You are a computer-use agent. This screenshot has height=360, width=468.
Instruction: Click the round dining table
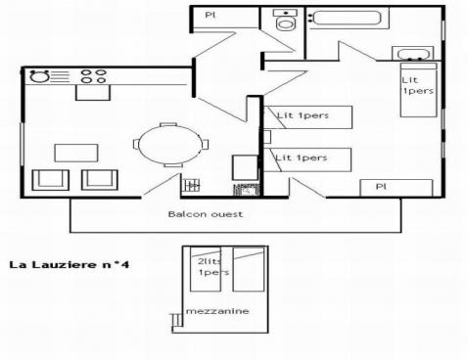170,147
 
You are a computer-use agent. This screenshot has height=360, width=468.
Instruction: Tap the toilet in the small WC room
285,23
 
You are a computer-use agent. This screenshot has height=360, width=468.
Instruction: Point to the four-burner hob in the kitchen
94,75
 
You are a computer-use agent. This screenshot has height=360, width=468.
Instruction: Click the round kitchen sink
40,75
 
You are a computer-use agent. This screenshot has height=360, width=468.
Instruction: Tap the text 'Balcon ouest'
204,212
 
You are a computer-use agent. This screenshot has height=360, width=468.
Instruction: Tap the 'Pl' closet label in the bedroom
383,187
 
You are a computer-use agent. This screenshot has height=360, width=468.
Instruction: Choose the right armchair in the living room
98,179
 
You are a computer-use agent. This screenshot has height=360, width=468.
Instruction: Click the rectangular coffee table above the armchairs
75,152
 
